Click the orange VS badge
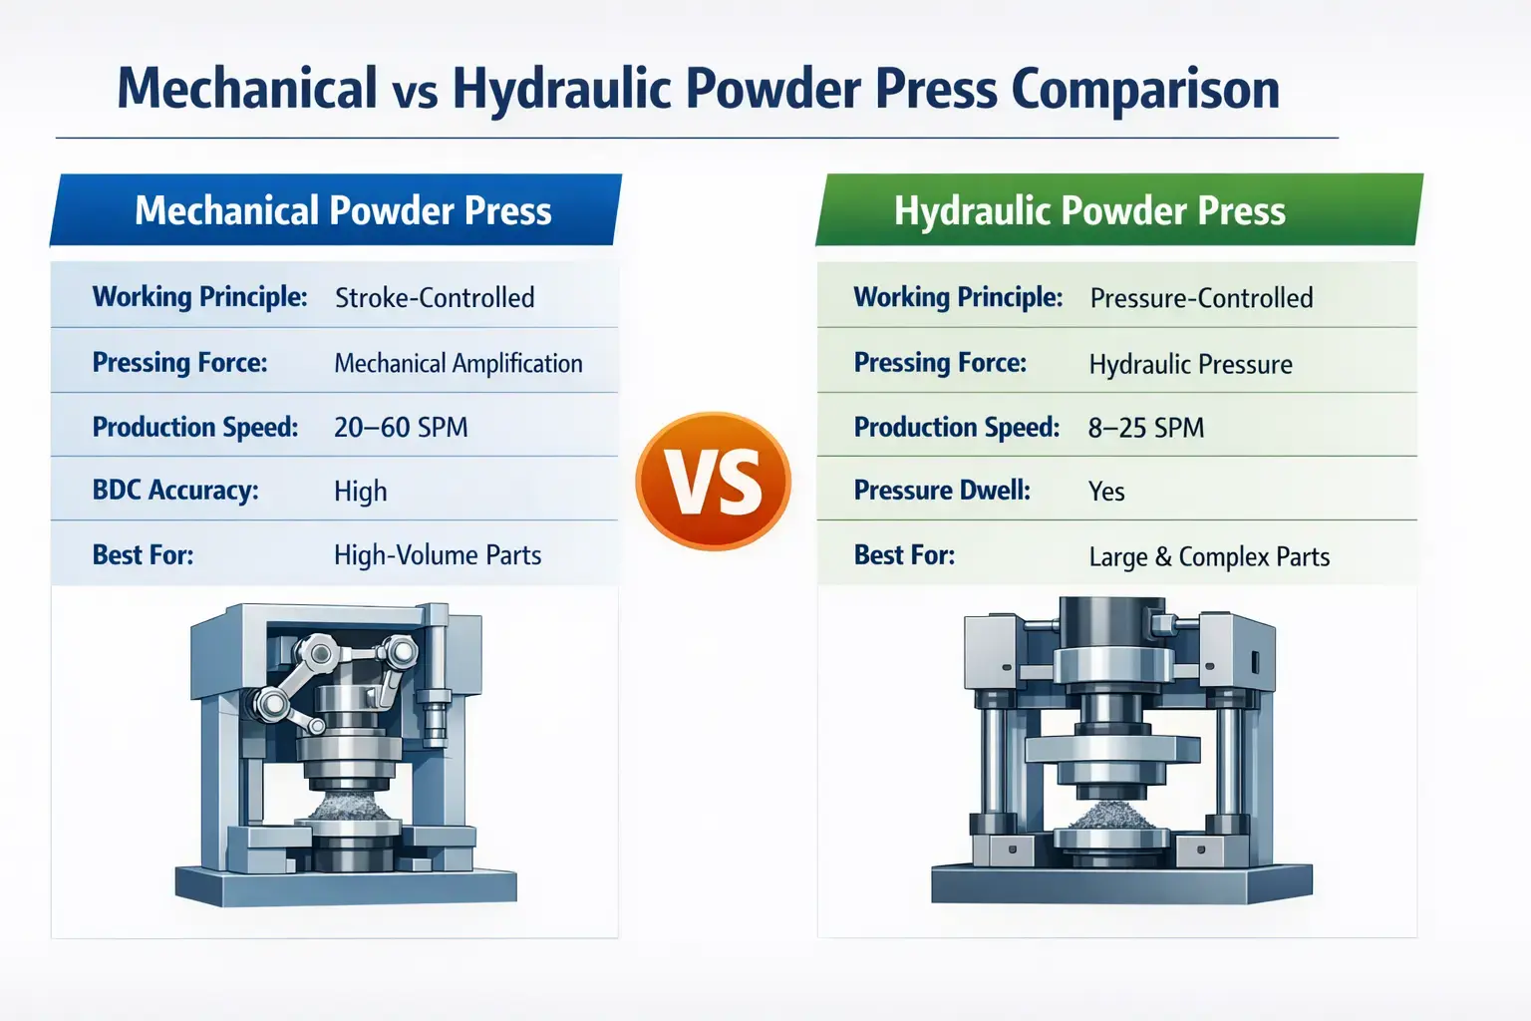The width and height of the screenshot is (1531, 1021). (x=713, y=482)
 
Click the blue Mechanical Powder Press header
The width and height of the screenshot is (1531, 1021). (x=342, y=210)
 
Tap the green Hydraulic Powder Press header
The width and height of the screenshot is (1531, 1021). (x=1089, y=210)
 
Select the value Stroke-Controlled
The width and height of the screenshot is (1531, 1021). (x=435, y=297)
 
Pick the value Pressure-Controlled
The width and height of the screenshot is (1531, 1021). (x=1201, y=297)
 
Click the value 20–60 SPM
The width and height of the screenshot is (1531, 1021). (x=401, y=427)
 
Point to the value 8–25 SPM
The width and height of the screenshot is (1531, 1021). (x=1146, y=428)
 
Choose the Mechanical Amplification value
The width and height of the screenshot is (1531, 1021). (x=459, y=363)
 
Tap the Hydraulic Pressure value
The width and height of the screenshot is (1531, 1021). (x=1190, y=364)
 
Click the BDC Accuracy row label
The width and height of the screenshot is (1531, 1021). (x=175, y=490)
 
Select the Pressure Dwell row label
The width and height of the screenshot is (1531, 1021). (x=942, y=490)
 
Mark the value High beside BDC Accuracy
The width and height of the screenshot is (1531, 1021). (x=361, y=491)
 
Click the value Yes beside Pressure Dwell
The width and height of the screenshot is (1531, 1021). (x=1106, y=492)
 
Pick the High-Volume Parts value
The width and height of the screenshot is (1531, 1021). (x=438, y=554)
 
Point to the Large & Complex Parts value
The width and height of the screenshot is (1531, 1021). (x=1209, y=556)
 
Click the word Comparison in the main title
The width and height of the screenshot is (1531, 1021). (x=1145, y=89)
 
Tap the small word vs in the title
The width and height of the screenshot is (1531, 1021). (x=415, y=93)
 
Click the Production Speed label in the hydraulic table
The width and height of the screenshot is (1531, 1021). (x=957, y=427)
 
